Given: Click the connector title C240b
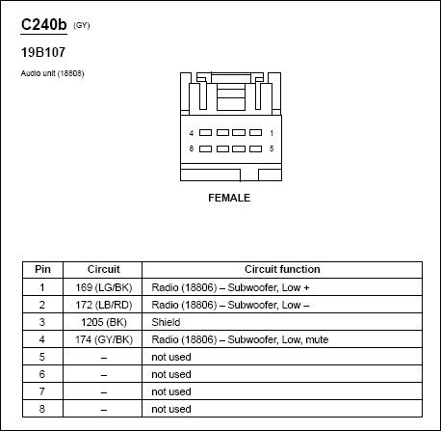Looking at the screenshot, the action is point(43,24).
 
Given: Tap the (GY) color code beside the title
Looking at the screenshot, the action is point(82,25).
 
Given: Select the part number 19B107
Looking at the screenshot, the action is point(43,52).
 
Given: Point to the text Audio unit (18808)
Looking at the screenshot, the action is point(52,73).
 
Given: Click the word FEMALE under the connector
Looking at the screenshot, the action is point(229,198).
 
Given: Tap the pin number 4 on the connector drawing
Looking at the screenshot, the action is point(192,133).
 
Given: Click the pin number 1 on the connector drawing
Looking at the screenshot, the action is point(272,133).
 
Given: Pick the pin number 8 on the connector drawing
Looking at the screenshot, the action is point(192,148).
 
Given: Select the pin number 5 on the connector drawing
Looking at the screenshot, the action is point(272,148).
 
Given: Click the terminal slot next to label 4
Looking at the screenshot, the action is point(205,132).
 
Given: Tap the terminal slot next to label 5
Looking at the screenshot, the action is point(255,148).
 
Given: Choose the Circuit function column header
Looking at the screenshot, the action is point(282,269).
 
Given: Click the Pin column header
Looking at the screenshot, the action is point(42,269).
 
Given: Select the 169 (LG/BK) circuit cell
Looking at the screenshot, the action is point(104,287).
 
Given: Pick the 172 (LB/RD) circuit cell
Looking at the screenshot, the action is point(104,305).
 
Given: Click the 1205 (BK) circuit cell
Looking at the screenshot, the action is point(104,322).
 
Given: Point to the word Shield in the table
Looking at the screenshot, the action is point(166,322).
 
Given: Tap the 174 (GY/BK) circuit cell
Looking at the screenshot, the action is point(104,339).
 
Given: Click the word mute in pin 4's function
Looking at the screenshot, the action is point(317,339).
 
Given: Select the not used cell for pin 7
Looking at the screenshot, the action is point(171,391).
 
